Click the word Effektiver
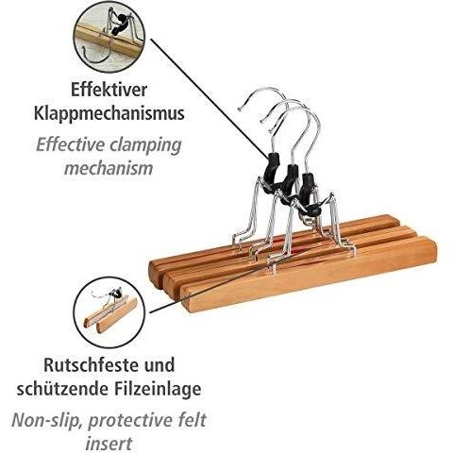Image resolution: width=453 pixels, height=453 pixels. point(109,90)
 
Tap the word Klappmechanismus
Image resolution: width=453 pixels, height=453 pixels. point(109,113)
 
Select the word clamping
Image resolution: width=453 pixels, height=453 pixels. point(145,145)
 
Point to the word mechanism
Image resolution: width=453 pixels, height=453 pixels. point(109,168)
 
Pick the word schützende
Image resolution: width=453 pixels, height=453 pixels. point(60,389)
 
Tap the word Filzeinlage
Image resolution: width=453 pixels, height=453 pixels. point(156,389)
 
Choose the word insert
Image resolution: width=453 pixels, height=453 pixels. point(109,444)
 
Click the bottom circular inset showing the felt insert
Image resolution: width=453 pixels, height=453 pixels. point(109,312)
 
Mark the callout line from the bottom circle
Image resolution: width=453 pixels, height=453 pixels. point(213,289)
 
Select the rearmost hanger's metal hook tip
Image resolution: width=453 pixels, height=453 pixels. point(241,109)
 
